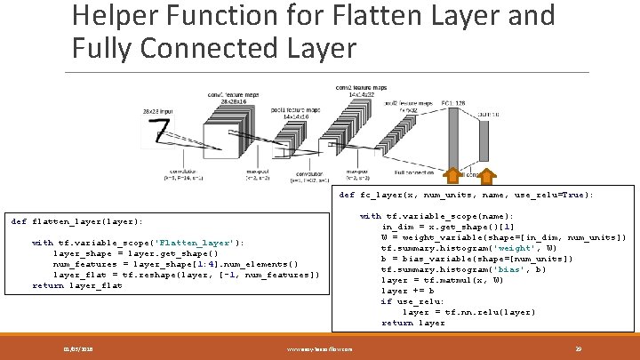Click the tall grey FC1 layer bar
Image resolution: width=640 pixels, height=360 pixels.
(456, 142)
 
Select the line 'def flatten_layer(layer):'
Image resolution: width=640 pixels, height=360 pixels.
(76, 221)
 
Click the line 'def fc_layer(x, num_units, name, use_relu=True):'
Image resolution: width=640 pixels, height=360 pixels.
(467, 195)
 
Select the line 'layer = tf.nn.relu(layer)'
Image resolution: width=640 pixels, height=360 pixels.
(468, 312)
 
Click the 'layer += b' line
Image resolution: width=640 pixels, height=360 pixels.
(408, 291)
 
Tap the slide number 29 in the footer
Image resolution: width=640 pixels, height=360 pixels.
(578, 348)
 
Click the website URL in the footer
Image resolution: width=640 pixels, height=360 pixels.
(320, 348)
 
